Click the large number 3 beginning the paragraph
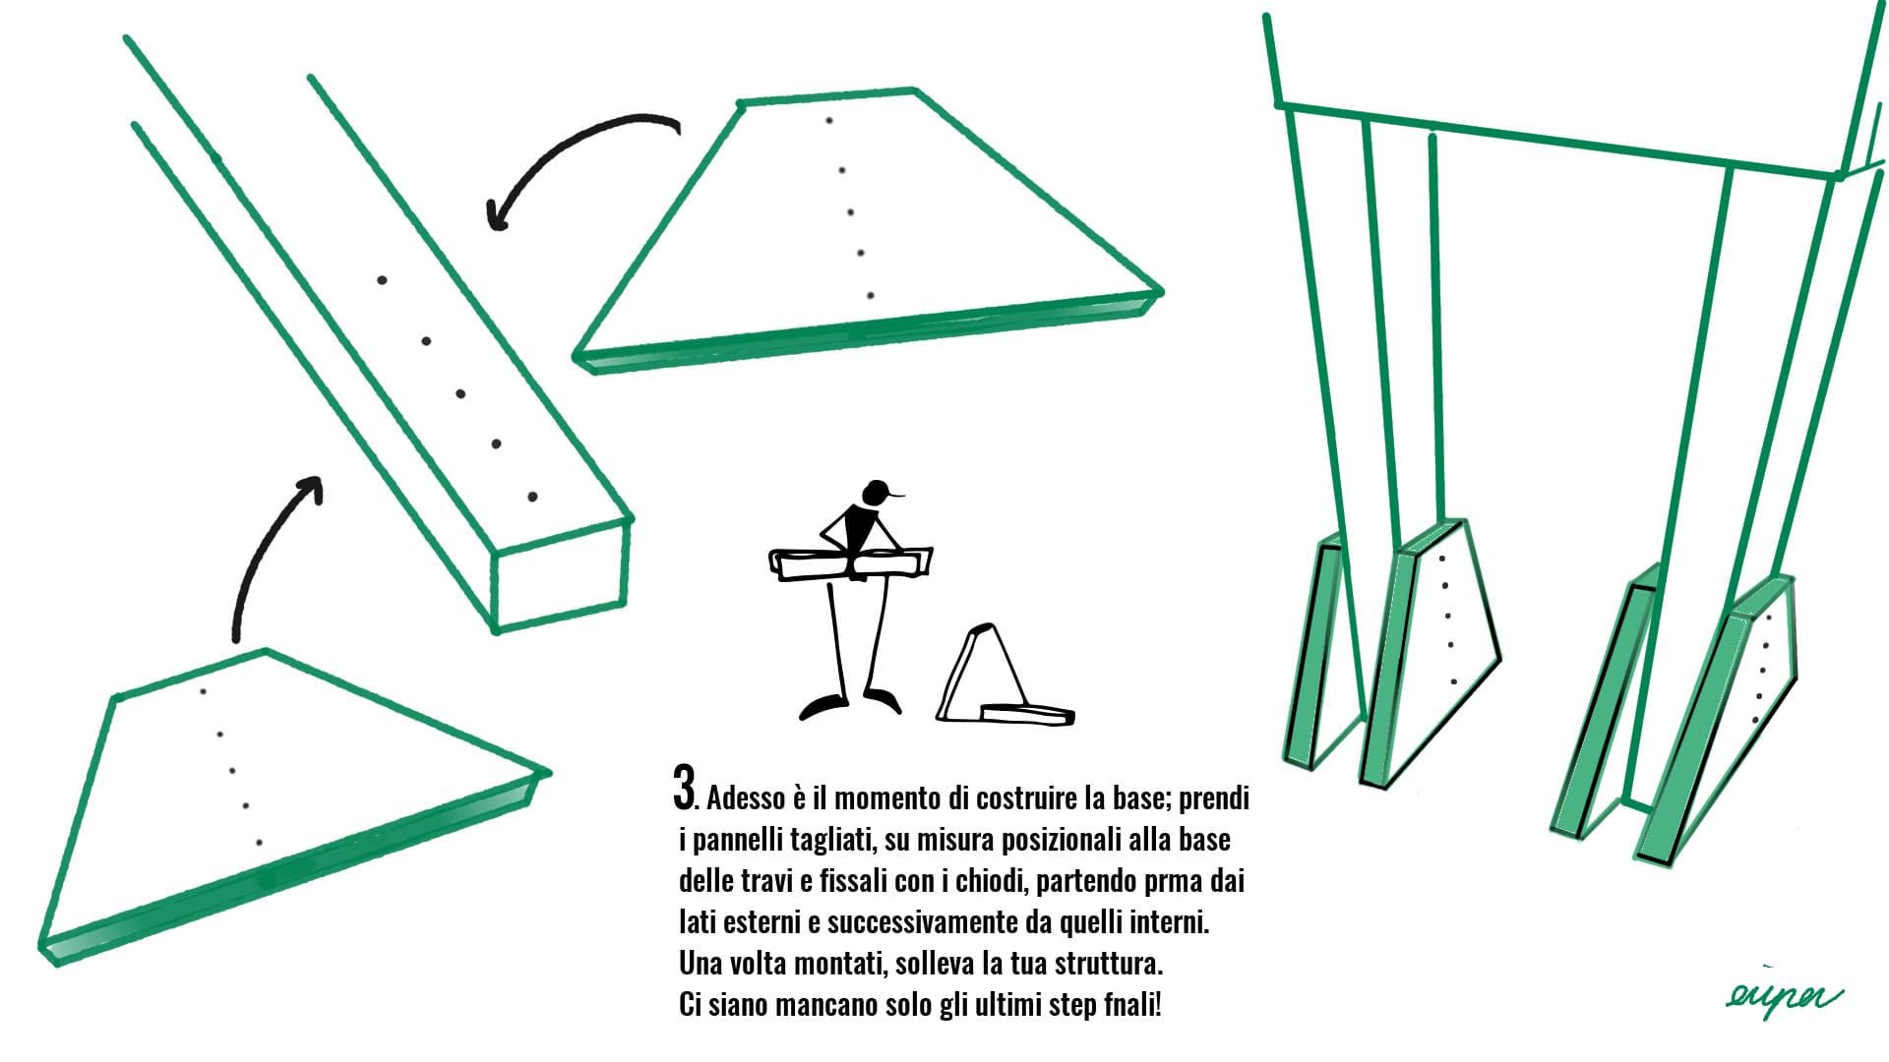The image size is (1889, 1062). click(685, 787)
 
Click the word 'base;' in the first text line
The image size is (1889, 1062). click(1140, 797)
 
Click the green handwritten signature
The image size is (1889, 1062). click(1783, 996)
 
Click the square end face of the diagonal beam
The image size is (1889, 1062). click(559, 577)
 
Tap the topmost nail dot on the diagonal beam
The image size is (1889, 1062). click(382, 280)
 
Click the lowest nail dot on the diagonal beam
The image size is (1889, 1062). click(533, 497)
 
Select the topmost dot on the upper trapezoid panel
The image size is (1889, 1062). click(829, 120)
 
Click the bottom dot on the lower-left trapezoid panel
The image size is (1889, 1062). click(259, 843)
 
